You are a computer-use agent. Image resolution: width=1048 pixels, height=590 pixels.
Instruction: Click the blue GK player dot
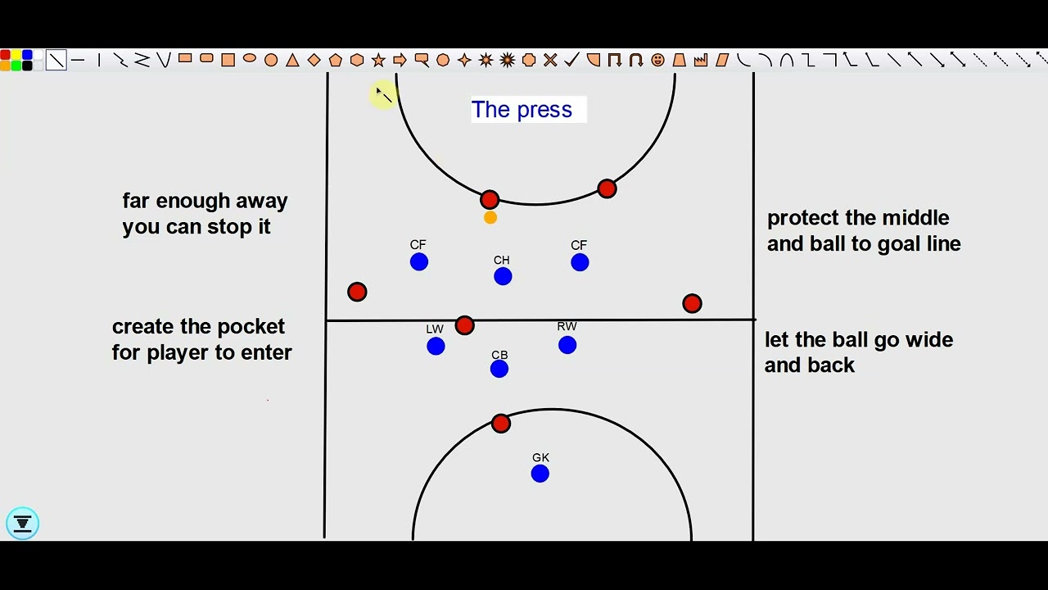540,474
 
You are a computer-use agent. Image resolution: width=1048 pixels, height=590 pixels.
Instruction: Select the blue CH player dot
503,277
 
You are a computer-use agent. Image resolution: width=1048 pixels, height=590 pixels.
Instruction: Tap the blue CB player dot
499,370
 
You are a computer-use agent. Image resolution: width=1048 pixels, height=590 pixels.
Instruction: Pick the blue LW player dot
436,347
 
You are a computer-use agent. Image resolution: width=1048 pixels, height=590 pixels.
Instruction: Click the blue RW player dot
567,345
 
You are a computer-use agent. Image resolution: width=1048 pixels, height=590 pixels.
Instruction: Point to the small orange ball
490,218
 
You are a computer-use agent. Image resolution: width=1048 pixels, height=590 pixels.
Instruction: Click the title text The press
522,110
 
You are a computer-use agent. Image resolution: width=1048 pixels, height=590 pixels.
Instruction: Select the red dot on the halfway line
464,325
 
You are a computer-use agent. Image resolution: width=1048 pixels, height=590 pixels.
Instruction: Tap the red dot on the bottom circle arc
501,423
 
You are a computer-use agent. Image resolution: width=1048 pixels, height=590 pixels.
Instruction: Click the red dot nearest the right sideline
692,304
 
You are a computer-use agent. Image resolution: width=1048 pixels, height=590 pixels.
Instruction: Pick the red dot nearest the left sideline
357,292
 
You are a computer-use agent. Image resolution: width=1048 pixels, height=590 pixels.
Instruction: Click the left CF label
418,245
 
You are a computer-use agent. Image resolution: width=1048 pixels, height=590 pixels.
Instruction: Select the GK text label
540,458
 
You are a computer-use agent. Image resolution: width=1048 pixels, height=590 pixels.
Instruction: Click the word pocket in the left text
251,326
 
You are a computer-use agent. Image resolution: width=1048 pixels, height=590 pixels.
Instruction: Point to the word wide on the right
928,340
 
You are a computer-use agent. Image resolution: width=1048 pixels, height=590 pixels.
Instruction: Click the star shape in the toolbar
378,60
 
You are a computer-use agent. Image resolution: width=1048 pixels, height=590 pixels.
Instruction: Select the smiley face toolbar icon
657,60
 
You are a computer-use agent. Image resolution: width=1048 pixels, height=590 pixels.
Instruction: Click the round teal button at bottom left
22,523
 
